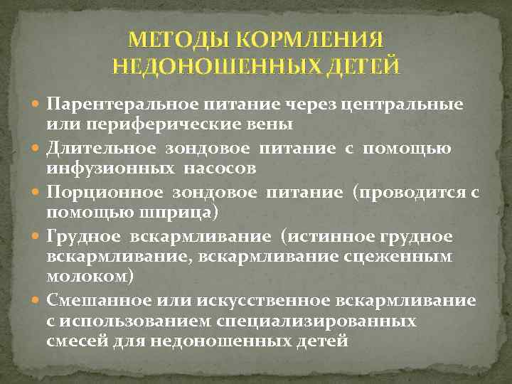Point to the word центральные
tap(402, 105)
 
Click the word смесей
tap(78, 342)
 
